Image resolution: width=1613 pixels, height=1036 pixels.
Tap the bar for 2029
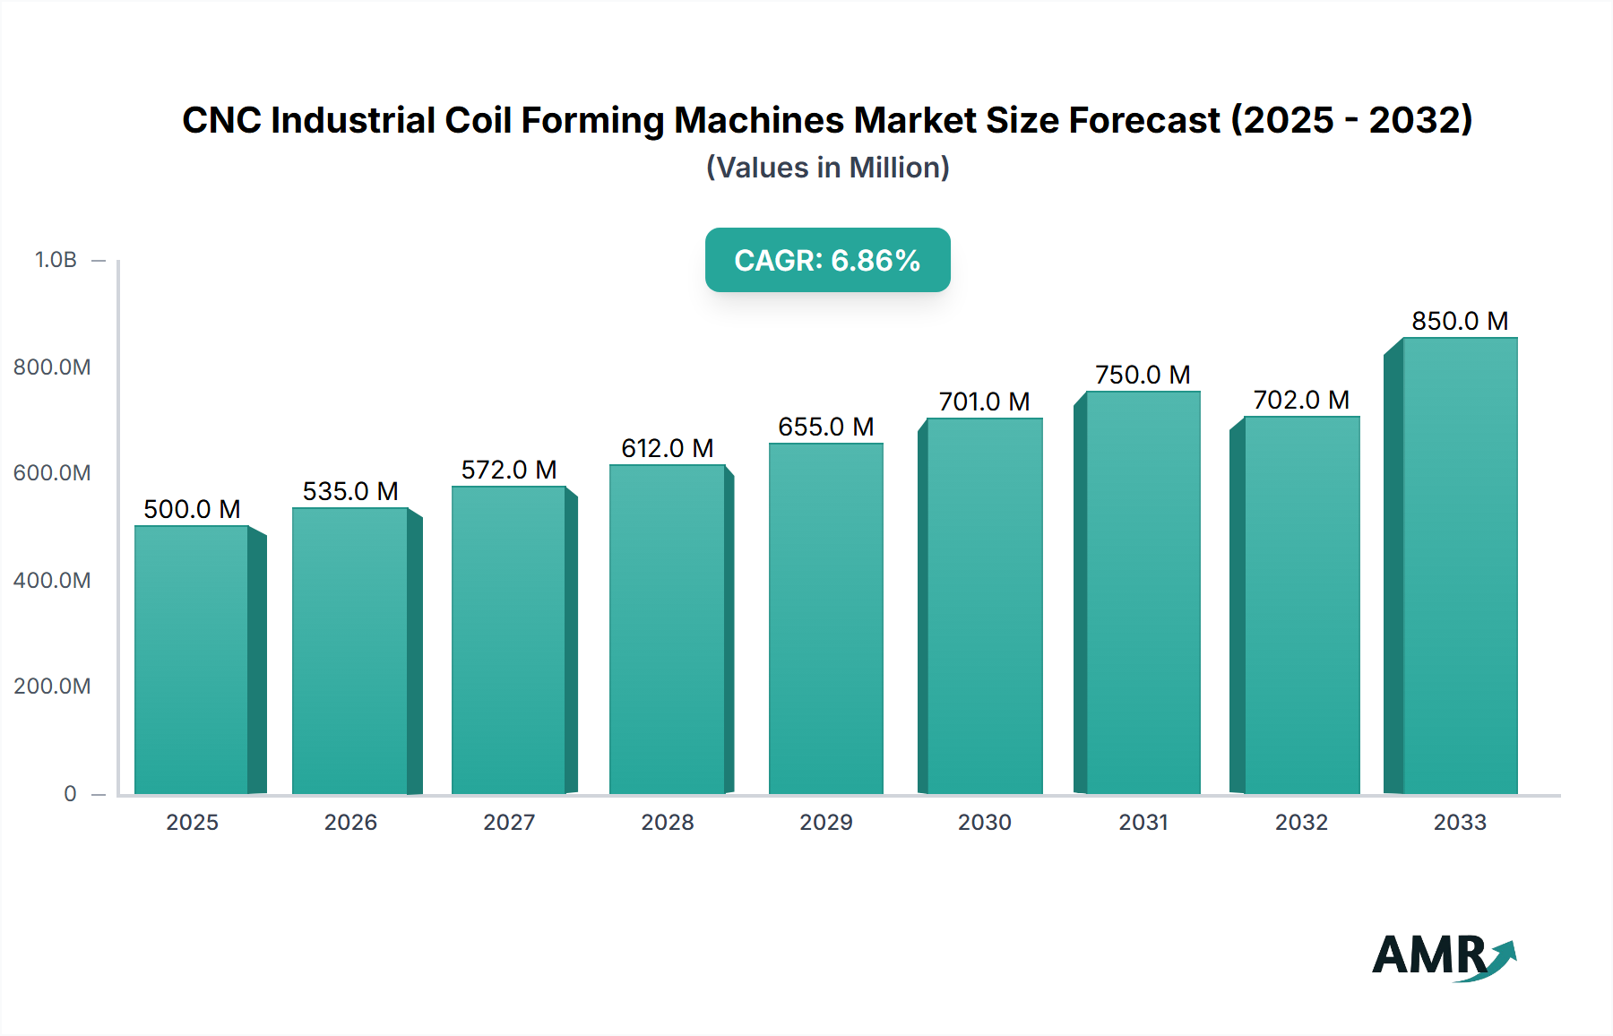[x=825, y=618]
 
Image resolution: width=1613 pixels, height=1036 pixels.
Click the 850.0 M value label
[x=1460, y=321]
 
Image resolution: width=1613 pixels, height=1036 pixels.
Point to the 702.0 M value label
[x=1301, y=400]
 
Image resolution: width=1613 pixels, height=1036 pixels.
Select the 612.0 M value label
[x=668, y=448]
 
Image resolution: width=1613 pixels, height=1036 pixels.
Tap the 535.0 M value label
[x=350, y=491]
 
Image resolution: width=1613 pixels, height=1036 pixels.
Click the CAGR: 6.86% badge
[x=827, y=260]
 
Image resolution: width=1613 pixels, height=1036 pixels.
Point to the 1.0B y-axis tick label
[x=56, y=260]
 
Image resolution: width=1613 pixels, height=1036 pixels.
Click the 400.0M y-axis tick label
[x=52, y=580]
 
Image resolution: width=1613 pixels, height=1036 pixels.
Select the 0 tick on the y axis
[x=70, y=793]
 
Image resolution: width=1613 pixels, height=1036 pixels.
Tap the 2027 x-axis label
[x=509, y=822]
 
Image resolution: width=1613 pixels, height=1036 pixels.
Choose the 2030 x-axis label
[x=984, y=822]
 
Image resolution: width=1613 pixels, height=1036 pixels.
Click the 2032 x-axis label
[x=1301, y=822]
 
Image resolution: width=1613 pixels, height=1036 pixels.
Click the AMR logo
[x=1443, y=956]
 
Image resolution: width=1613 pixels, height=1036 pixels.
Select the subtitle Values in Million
[x=827, y=168]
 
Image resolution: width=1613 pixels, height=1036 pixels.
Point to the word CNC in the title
[x=220, y=120]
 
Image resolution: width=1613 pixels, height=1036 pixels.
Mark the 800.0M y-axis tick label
[x=52, y=367]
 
